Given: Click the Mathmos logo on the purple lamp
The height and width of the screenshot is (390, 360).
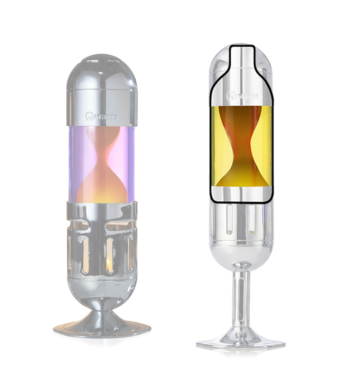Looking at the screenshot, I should pyautogui.click(x=101, y=116).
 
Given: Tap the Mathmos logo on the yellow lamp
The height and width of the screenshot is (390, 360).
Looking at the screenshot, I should pyautogui.click(x=242, y=96).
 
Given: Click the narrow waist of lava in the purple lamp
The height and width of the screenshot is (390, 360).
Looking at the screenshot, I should pyautogui.click(x=102, y=156).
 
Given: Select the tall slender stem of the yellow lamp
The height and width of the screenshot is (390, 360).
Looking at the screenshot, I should pyautogui.click(x=240, y=297).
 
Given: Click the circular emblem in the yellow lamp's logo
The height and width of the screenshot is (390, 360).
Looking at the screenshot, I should pyautogui.click(x=230, y=96).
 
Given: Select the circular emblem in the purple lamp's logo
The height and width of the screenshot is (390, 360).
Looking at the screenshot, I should pyautogui.click(x=89, y=116).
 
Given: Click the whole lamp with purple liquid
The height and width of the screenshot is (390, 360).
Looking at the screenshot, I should pyautogui.click(x=101, y=195).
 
